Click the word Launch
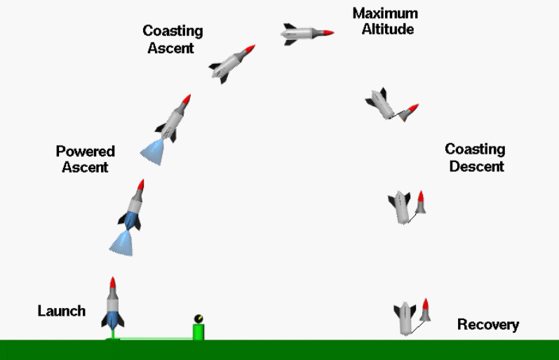tap(62, 311)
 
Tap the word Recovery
tap(488, 325)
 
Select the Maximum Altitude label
tap(385, 21)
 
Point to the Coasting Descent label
tap(476, 157)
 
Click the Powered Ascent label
tap(85, 159)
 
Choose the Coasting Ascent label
tap(173, 39)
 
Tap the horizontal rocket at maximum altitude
tap(307, 34)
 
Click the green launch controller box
tap(198, 332)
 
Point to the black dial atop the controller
tap(198, 319)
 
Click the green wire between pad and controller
tap(156, 338)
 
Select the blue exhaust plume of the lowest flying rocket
tap(122, 244)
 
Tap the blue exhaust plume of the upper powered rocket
tap(153, 152)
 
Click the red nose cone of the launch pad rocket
tap(113, 283)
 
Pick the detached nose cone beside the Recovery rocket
tap(425, 310)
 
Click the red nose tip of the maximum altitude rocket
tap(328, 33)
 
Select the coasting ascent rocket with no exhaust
tap(232, 65)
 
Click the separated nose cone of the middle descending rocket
tap(421, 202)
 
